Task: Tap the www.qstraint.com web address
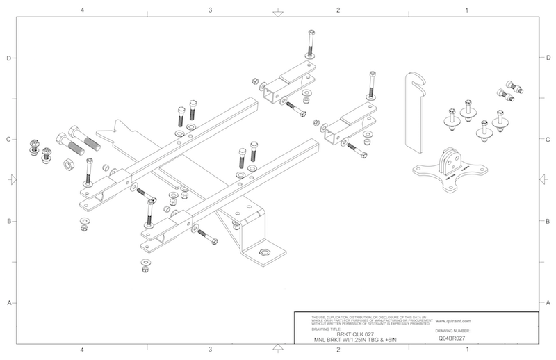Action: (x=455, y=321)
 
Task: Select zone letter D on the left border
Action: (x=9, y=58)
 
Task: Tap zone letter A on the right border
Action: (x=548, y=303)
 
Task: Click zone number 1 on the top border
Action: (x=466, y=10)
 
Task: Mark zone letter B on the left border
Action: (x=9, y=222)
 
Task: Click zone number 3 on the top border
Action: (x=210, y=10)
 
